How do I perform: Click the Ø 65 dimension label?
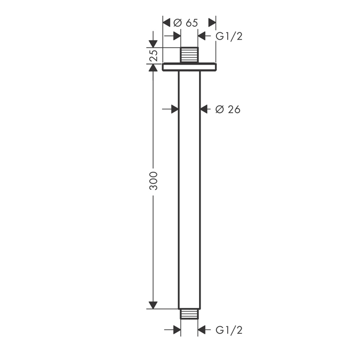pyautogui.click(x=186, y=23)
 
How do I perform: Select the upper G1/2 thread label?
pyautogui.click(x=229, y=37)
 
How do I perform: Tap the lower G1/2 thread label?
pyautogui.click(x=229, y=330)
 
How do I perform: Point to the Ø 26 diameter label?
pyautogui.click(x=228, y=109)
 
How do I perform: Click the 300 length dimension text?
pyautogui.click(x=153, y=181)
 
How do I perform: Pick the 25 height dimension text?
pyautogui.click(x=153, y=55)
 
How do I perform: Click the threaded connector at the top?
pyautogui.click(x=189, y=55)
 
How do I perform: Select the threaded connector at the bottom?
pyautogui.click(x=189, y=314)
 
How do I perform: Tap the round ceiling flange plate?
pyautogui.click(x=189, y=67)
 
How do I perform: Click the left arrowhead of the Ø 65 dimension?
pyautogui.click(x=167, y=23)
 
